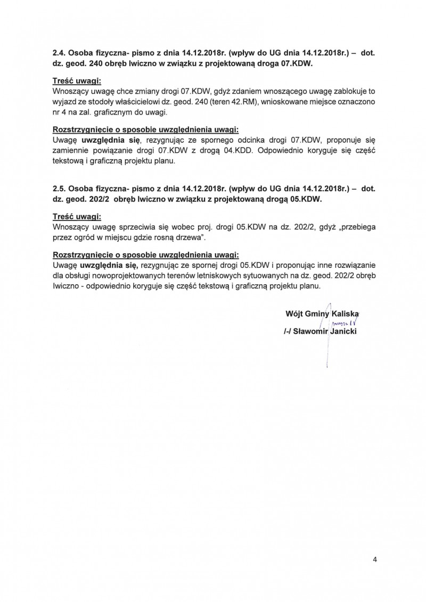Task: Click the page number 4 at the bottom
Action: tap(375, 559)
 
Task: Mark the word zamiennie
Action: tap(71, 150)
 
